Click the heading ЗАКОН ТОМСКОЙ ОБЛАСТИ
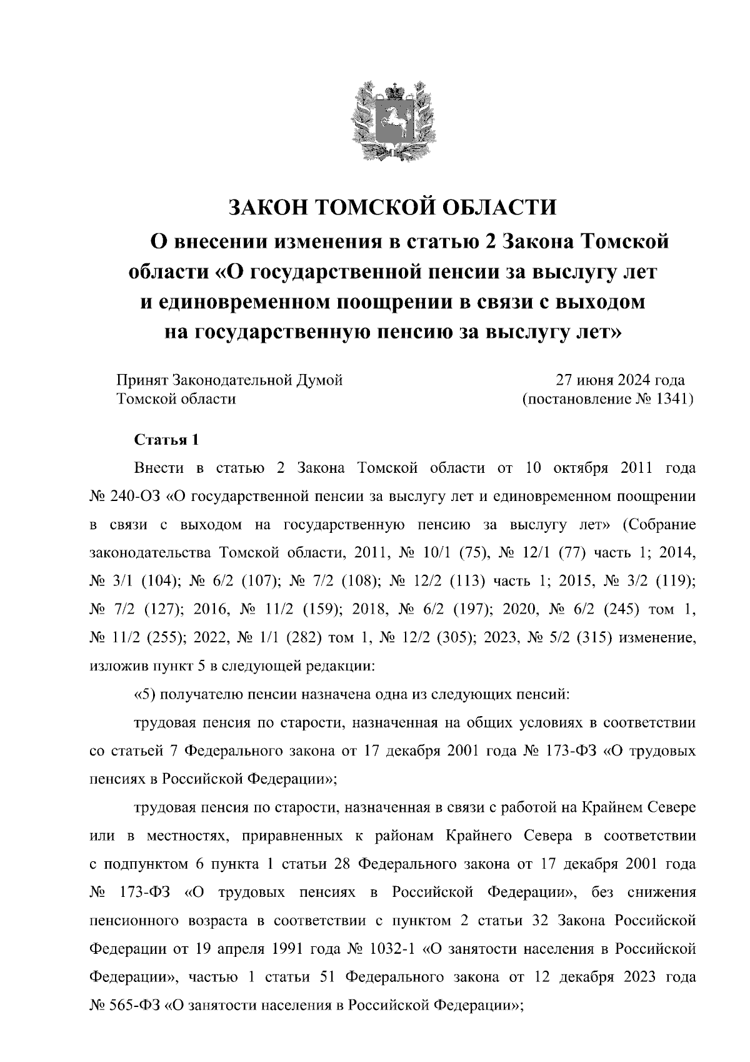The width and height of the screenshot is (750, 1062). [x=392, y=207]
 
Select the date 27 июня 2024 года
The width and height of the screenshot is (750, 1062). [x=620, y=380]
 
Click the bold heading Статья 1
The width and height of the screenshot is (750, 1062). [x=167, y=440]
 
